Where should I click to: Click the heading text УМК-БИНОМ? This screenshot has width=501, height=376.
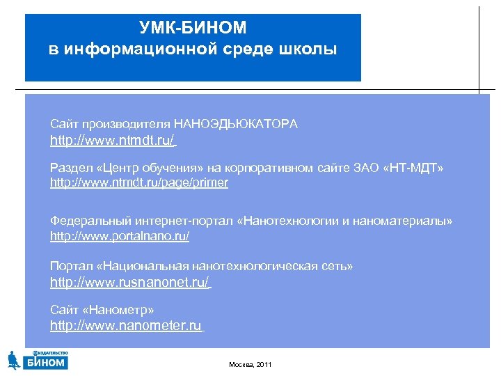[x=193, y=28]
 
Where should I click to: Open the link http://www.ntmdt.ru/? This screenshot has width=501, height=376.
[x=112, y=141]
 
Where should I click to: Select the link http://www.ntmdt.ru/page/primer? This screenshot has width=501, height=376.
[x=138, y=183]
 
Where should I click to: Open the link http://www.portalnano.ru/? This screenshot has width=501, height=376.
[x=119, y=236]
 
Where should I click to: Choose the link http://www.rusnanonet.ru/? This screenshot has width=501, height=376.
[x=129, y=283]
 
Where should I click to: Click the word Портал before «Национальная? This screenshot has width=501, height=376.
[x=68, y=267]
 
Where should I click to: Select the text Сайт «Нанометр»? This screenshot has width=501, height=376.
[x=102, y=309]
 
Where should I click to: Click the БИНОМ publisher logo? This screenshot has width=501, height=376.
[x=38, y=359]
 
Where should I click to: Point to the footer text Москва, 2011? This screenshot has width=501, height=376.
[x=250, y=365]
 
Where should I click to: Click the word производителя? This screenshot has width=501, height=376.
[x=127, y=124]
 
